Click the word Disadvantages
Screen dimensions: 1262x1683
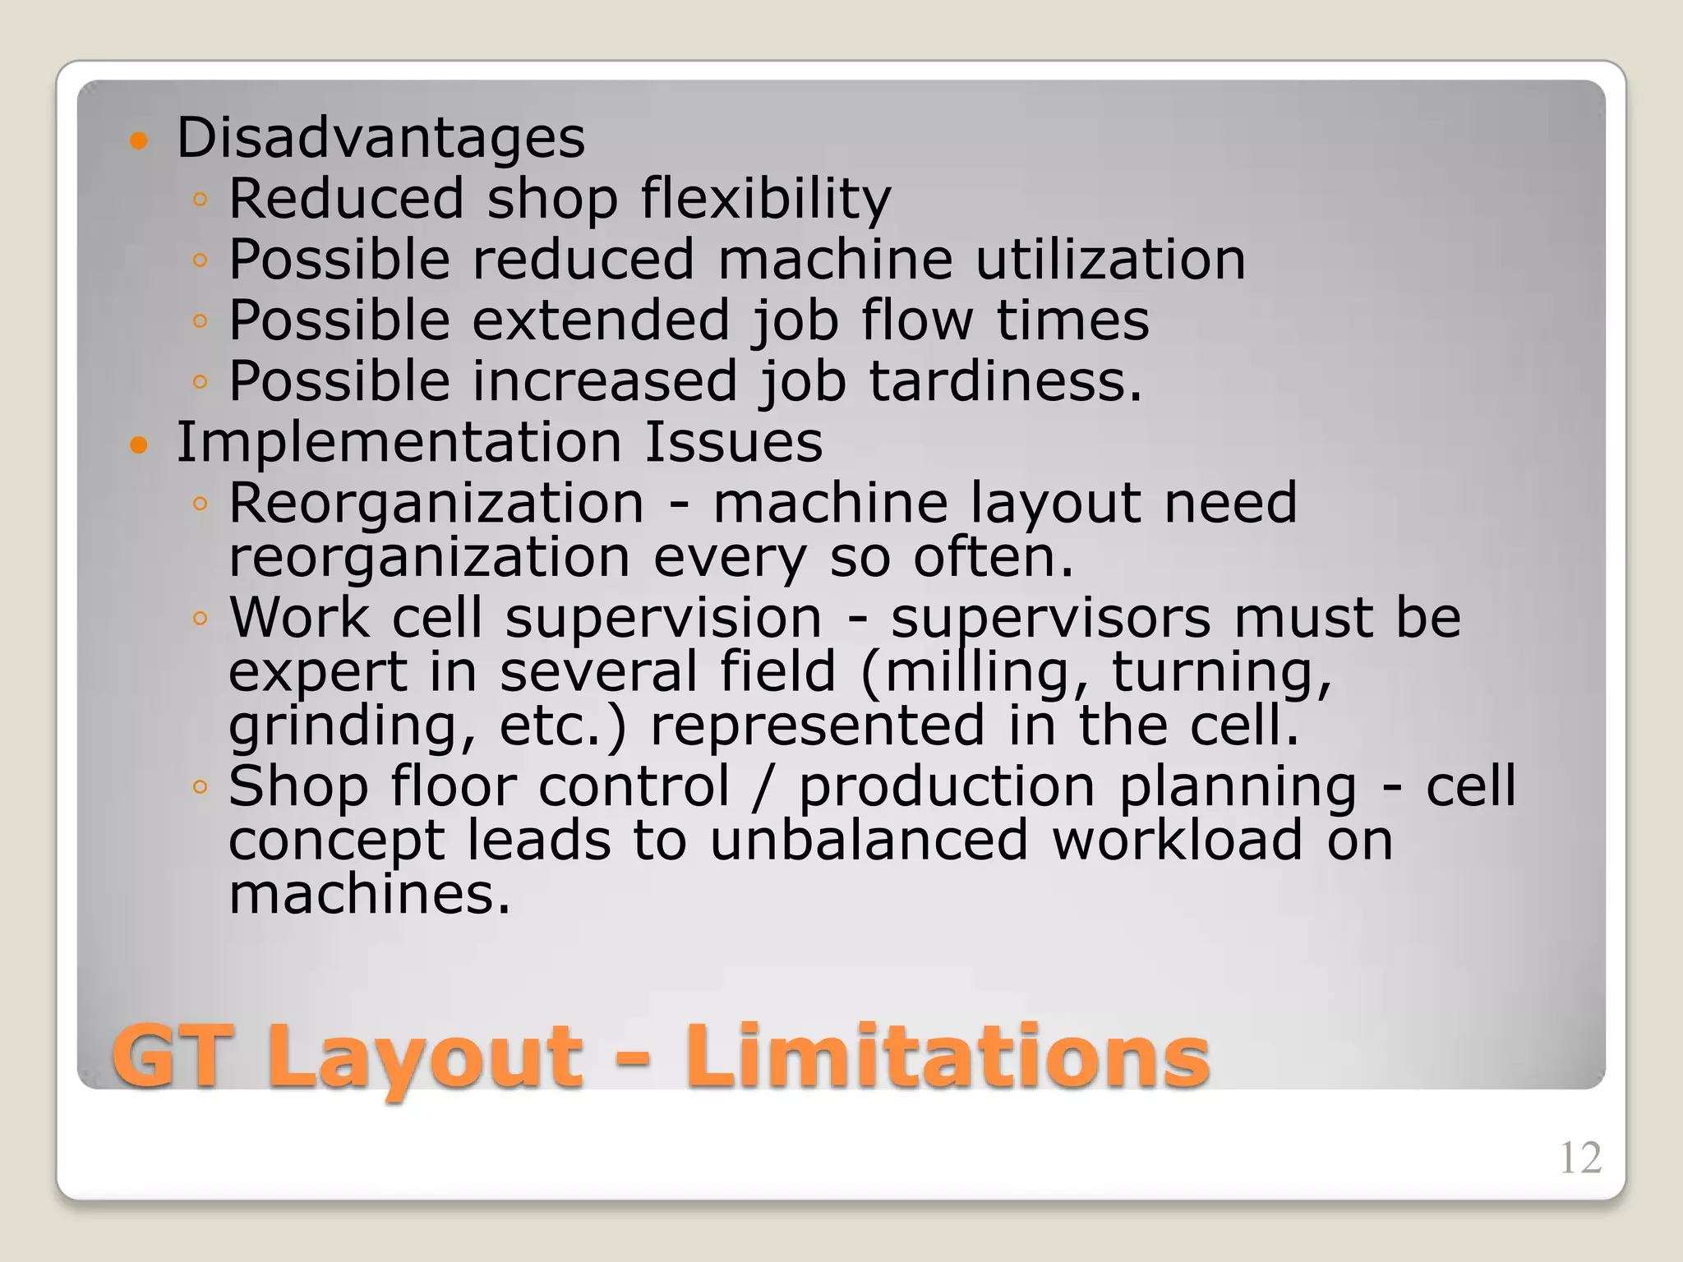[x=380, y=137]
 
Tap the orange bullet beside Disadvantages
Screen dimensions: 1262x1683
[x=140, y=140]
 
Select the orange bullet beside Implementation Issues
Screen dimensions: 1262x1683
[x=140, y=446]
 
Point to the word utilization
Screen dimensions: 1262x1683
[x=1110, y=260]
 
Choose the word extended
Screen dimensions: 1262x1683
[x=601, y=320]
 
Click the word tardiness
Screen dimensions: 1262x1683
[x=1005, y=381]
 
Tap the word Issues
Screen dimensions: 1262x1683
[x=733, y=442]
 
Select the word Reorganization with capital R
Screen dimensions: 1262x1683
[x=436, y=504]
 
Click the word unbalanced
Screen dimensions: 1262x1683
[x=869, y=841]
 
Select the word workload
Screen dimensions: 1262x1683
[x=1178, y=841]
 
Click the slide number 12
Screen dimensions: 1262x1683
[x=1579, y=1158]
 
